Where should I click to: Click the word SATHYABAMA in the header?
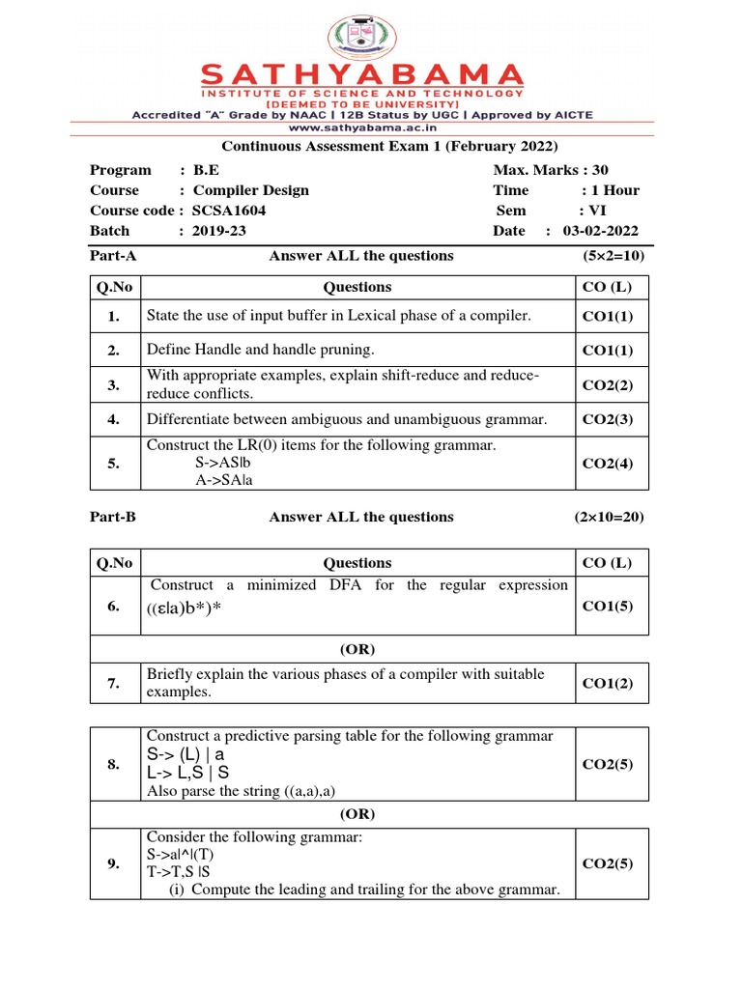tap(362, 75)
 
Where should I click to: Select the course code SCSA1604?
tap(229, 211)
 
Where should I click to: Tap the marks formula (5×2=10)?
tap(613, 256)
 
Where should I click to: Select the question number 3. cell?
tap(114, 385)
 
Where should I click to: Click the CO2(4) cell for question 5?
tap(608, 464)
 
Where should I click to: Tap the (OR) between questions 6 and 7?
tap(357, 648)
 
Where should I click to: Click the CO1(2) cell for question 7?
tap(608, 684)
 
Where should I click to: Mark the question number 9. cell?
tap(114, 864)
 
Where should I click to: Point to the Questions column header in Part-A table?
tap(357, 287)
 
